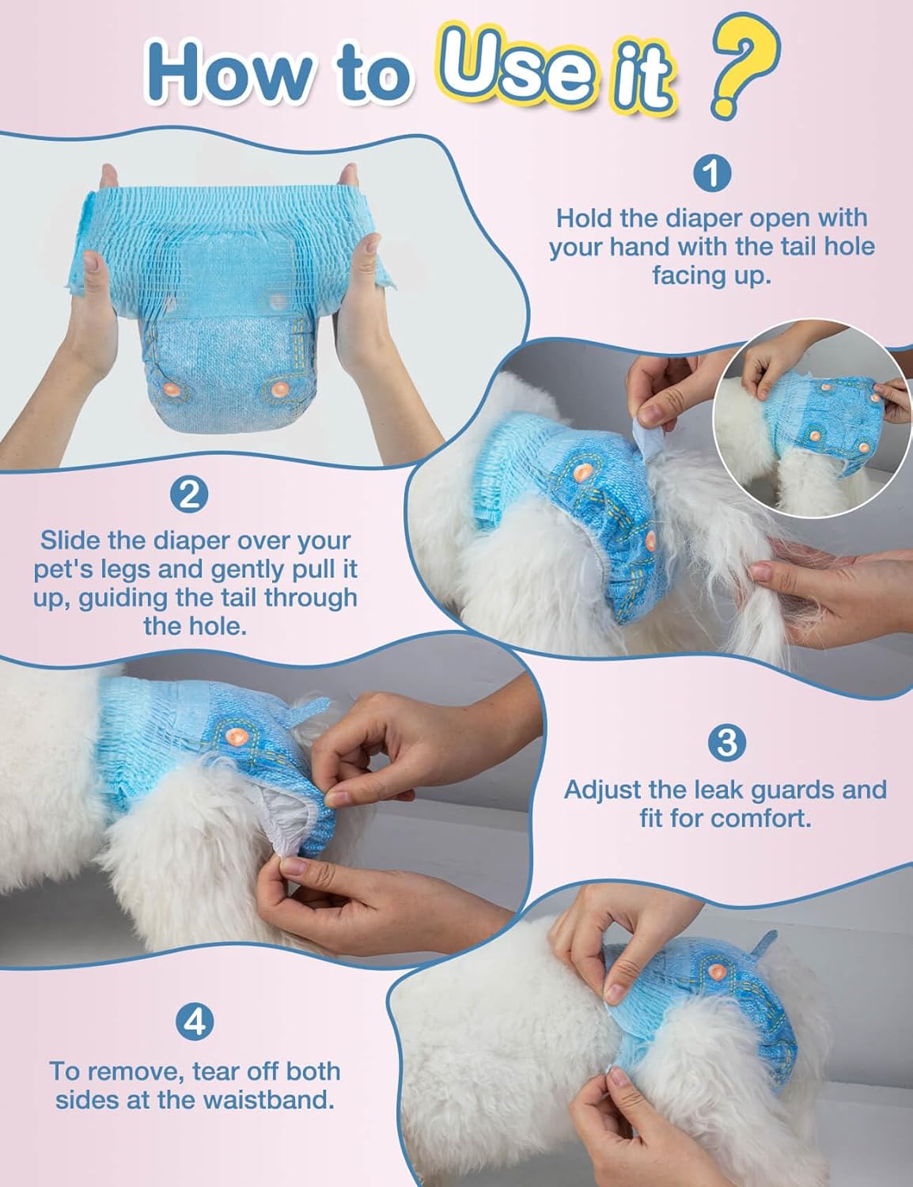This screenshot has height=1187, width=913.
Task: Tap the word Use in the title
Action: [514, 66]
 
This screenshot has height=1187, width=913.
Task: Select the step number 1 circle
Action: [712, 173]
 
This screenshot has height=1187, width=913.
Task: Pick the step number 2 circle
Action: [189, 495]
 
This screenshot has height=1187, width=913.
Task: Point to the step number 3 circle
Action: [727, 743]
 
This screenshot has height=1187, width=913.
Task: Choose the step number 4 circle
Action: [195, 1022]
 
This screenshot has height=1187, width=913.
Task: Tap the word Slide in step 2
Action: [70, 540]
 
